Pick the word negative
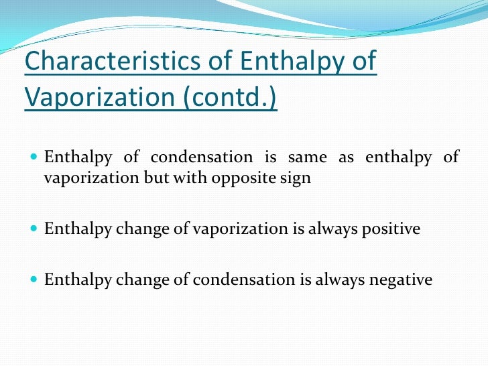tap(402, 280)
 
